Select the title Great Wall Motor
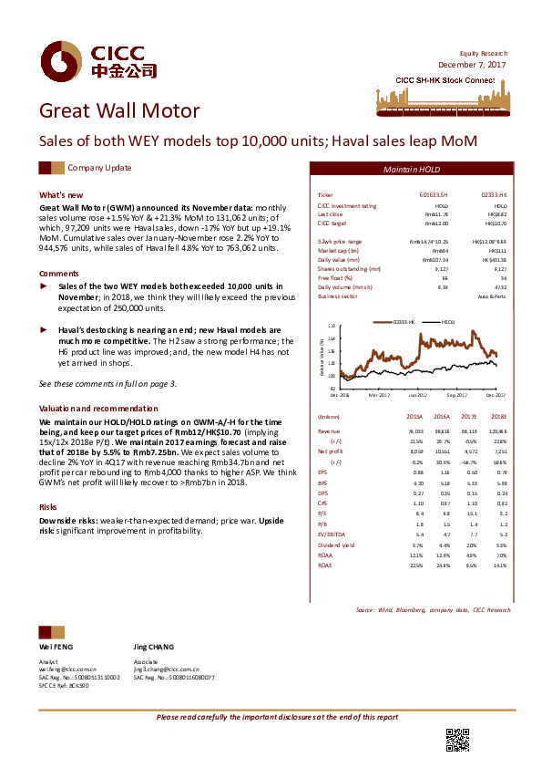coord(118,111)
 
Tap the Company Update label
coord(100,168)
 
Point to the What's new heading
coord(61,195)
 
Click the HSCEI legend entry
coord(447,322)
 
